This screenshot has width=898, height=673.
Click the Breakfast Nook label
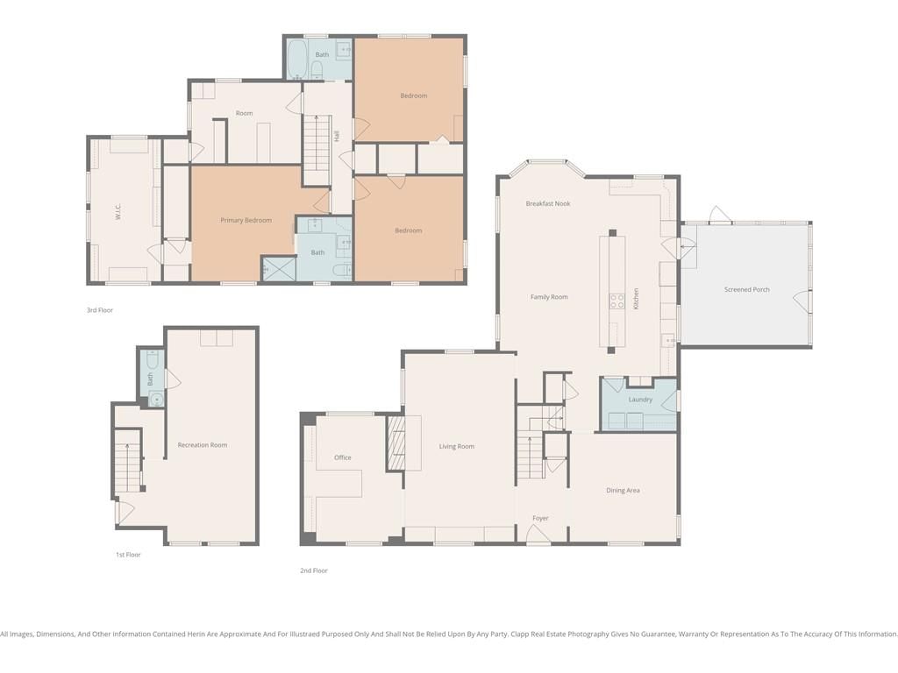point(548,203)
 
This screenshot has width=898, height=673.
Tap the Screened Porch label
point(747,289)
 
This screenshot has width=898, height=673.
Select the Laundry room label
point(640,400)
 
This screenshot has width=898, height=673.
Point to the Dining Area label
point(624,491)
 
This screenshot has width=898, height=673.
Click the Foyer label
point(540,519)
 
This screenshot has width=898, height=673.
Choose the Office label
point(343,457)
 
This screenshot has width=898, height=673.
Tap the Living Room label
point(456,446)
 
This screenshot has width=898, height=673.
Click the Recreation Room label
point(203,444)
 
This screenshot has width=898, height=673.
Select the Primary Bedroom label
point(246,220)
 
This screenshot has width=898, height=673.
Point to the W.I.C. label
point(118,212)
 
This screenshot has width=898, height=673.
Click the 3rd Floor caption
point(100,310)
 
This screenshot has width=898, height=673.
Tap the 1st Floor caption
point(128,555)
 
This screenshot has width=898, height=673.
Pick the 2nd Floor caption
point(314,570)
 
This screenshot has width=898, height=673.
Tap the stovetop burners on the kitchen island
point(616,301)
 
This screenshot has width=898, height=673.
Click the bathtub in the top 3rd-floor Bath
point(296,59)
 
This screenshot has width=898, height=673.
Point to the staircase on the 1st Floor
point(128,467)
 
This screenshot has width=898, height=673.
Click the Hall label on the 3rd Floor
point(337,136)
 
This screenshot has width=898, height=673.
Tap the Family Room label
point(549,297)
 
